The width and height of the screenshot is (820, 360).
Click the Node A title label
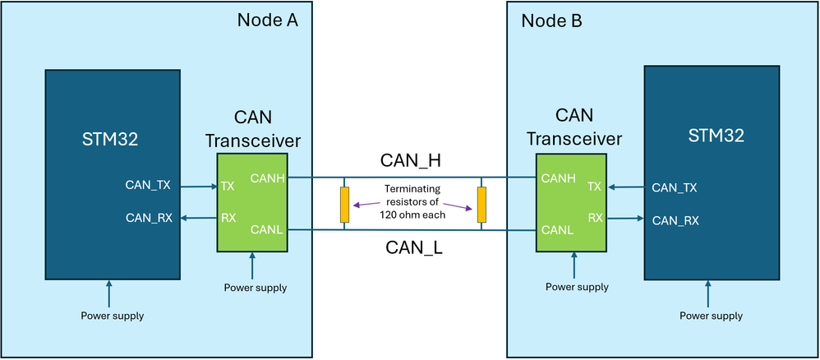[266, 20]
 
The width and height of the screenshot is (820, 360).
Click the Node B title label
[552, 20]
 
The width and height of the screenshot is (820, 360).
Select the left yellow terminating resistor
[344, 204]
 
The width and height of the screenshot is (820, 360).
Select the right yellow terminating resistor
[481, 204]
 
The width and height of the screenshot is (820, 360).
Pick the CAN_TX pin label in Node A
[148, 186]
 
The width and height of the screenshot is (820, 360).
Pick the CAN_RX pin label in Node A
[148, 218]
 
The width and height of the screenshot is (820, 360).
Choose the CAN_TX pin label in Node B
[674, 187]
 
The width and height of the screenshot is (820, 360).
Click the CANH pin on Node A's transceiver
[267, 177]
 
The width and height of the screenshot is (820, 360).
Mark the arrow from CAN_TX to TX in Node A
[197, 187]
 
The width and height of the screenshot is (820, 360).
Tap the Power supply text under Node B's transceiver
[577, 287]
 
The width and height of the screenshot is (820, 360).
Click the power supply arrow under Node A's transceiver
[251, 266]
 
